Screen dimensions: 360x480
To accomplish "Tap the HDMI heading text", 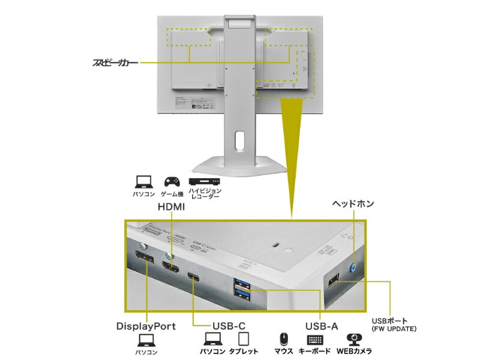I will [x=171, y=206].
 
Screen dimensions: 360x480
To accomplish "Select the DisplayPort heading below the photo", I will [x=146, y=326].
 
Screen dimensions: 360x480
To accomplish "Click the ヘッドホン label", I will [x=353, y=204].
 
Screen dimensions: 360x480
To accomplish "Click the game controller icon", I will [x=171, y=181].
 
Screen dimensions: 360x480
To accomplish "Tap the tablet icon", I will [x=244, y=338].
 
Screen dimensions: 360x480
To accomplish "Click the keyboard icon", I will [x=314, y=340].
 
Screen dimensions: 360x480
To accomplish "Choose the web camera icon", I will [x=354, y=339].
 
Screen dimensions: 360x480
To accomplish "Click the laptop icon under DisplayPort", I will [x=146, y=341].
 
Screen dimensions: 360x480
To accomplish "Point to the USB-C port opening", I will [x=194, y=277].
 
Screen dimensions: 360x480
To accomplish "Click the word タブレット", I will [x=244, y=352].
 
